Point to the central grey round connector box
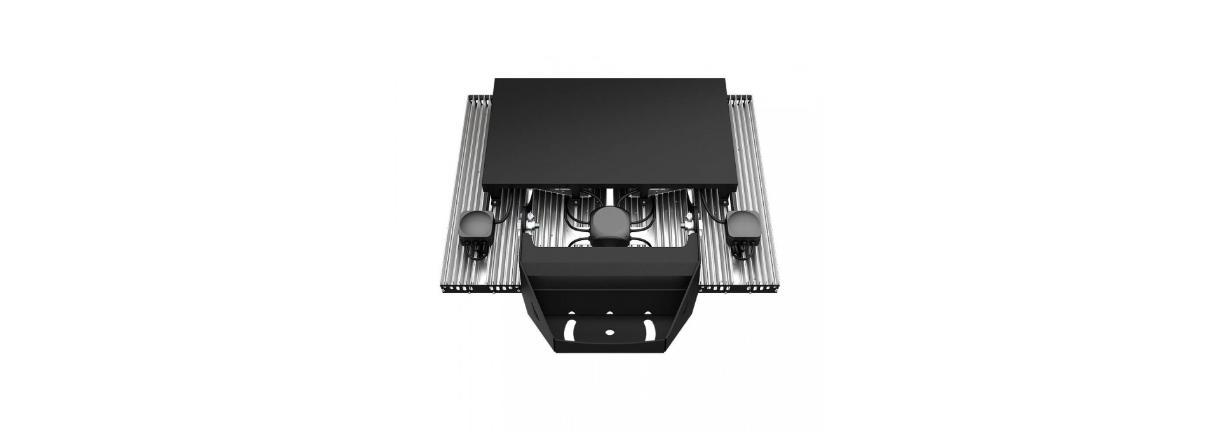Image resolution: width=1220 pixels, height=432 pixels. coord(609,226)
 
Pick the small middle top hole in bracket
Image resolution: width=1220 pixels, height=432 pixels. coord(609,313)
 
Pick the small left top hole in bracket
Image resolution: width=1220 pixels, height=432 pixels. coord(574,313)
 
